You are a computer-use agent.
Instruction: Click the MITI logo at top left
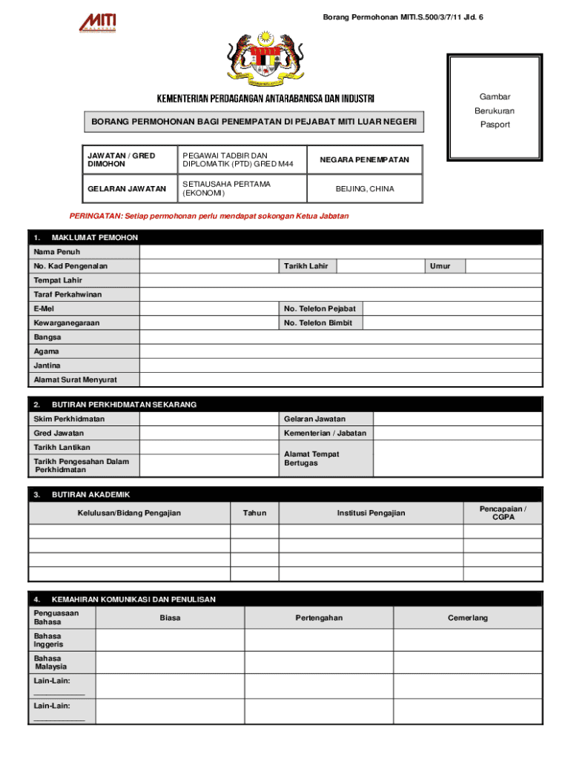click(97, 22)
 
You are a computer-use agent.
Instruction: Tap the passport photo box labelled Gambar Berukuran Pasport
click(494, 107)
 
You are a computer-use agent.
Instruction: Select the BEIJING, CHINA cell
click(364, 189)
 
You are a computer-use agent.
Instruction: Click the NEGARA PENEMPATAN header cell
click(364, 160)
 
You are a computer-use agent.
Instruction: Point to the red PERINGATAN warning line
click(208, 216)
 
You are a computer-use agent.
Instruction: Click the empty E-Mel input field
click(208, 308)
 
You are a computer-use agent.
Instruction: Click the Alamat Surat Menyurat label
click(76, 380)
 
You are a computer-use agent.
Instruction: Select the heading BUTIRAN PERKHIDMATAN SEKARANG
click(124, 405)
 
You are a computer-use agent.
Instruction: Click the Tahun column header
click(254, 513)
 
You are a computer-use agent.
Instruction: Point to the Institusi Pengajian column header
click(371, 513)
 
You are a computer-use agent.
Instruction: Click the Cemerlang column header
click(467, 618)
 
